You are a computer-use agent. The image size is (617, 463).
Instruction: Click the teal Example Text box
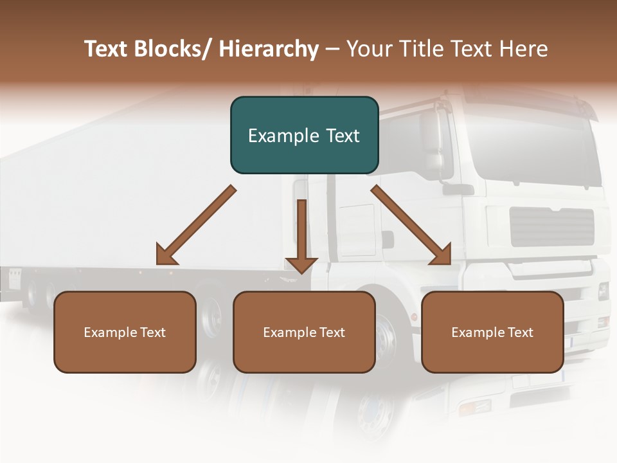pos(304,135)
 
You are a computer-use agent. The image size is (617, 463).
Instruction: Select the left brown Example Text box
pos(125,332)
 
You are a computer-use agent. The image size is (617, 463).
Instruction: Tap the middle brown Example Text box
pos(304,332)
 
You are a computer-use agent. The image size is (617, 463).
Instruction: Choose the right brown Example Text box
pos(492,332)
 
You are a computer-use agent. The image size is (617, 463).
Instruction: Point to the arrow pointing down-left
pos(196,225)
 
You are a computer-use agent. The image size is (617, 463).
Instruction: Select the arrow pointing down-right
pos(411,225)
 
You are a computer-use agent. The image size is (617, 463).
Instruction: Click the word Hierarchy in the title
pos(268,50)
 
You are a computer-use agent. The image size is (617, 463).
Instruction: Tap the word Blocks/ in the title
pos(177,49)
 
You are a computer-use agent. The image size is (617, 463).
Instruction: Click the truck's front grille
pos(551,227)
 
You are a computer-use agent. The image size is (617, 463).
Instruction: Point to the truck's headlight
pos(603,291)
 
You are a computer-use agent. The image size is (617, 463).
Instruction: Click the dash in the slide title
pos(332,50)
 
